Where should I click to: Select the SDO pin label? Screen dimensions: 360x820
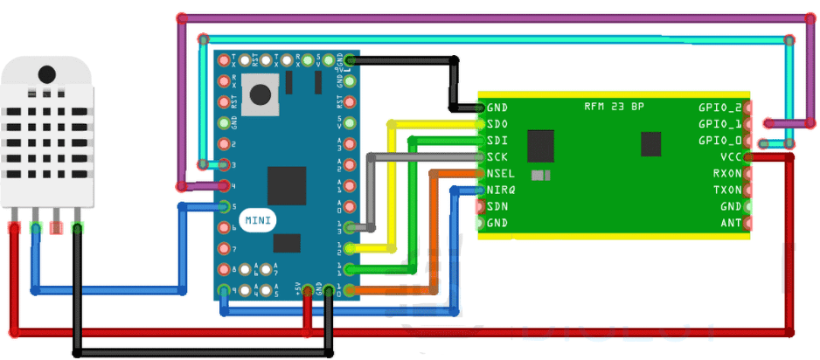point(498,124)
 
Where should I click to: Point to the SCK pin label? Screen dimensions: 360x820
point(498,156)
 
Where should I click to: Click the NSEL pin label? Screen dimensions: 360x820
point(501,173)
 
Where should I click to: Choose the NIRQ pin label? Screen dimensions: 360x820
point(501,190)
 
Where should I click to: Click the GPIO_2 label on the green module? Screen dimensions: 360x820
point(719,107)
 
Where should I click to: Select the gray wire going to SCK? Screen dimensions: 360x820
point(370,192)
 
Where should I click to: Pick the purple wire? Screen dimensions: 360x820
point(490,17)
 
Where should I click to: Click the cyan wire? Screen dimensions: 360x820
point(490,38)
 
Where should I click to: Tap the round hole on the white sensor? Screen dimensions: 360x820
point(45,73)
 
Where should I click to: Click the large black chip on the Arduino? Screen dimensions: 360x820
point(287,184)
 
